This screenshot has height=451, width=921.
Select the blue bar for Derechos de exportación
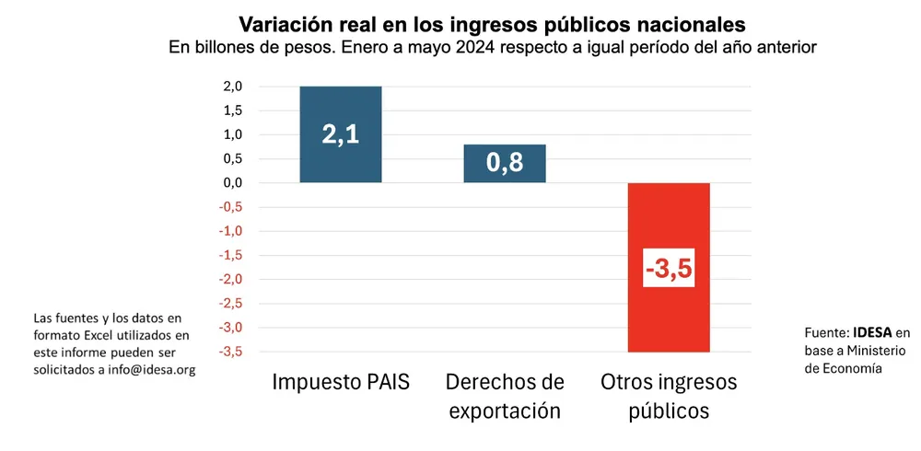click(505, 152)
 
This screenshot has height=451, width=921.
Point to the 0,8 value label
click(505, 164)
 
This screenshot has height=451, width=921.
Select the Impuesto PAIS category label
click(340, 381)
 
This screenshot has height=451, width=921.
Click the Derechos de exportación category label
click(505, 396)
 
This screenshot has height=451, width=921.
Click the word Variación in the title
click(285, 22)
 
